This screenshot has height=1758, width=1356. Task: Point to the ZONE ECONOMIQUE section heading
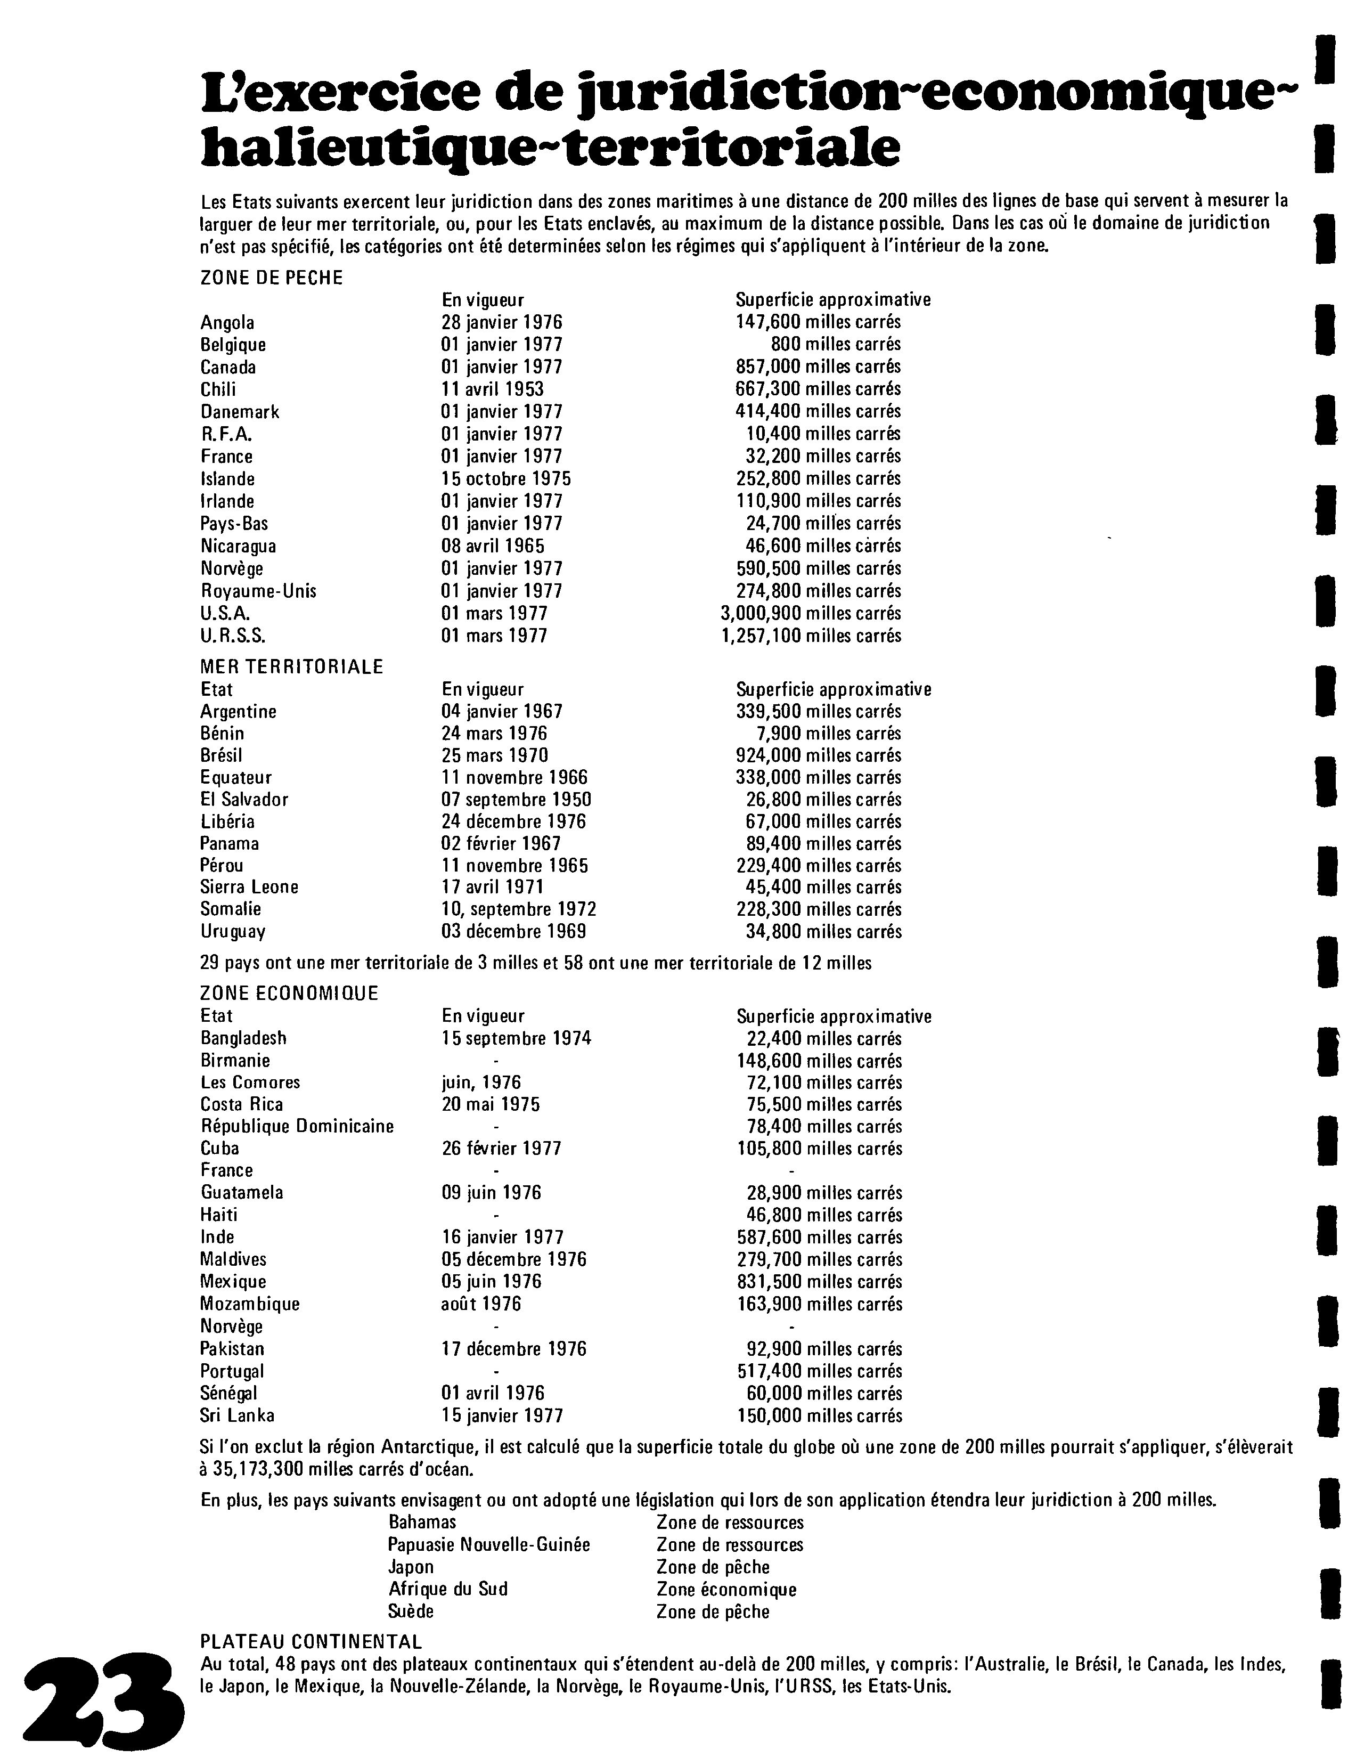(x=289, y=994)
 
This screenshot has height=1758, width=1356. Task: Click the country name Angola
(x=227, y=323)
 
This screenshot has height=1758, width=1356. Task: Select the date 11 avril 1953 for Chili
(x=493, y=389)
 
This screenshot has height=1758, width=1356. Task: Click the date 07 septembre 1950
(x=516, y=799)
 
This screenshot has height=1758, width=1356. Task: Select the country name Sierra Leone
(x=249, y=887)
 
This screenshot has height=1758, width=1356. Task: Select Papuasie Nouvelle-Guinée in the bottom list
(x=488, y=1545)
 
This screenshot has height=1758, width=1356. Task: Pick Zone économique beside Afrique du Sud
(x=726, y=1589)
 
